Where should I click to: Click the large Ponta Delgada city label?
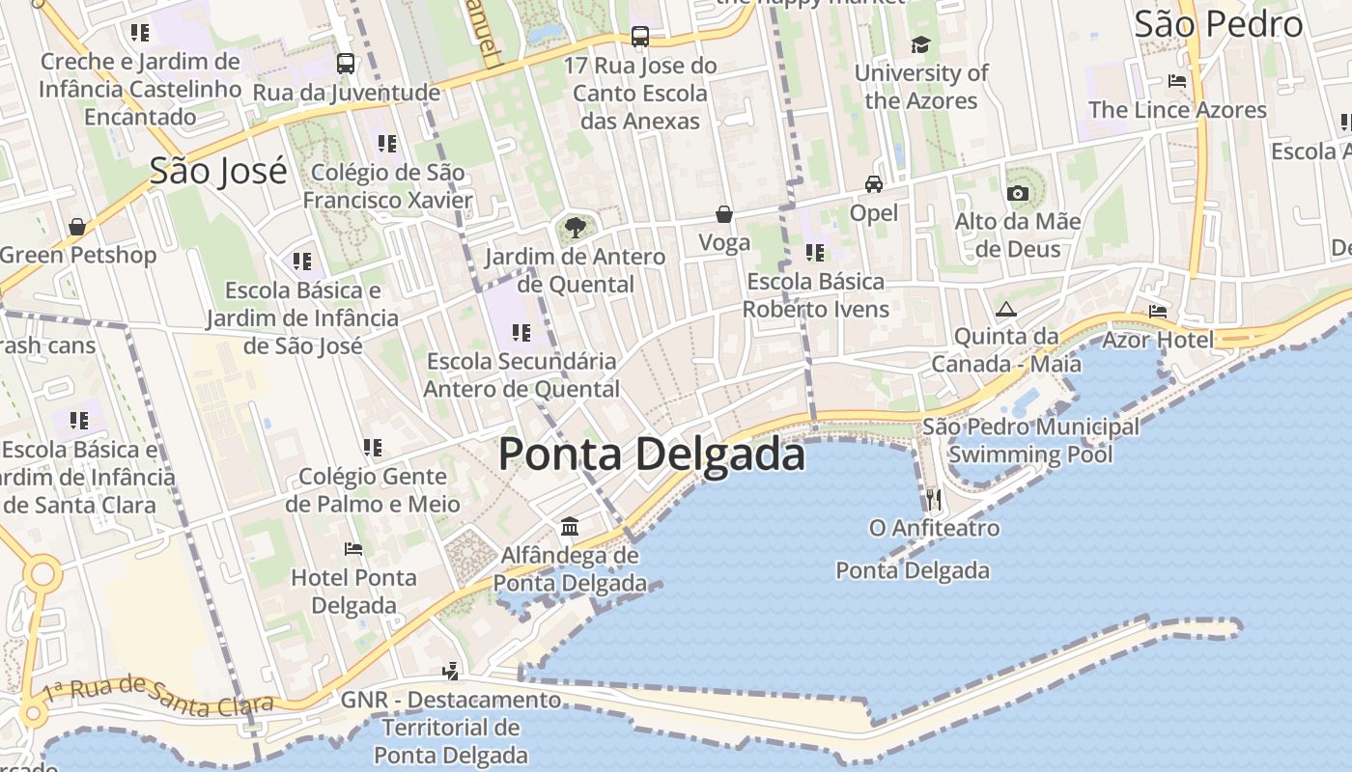[652, 455]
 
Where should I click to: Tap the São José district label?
[218, 171]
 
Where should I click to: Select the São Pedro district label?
[1219, 24]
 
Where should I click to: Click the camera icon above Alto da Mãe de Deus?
[1017, 193]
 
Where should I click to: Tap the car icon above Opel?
[874, 184]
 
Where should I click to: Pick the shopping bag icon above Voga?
[724, 214]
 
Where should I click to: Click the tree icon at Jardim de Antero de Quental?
[575, 229]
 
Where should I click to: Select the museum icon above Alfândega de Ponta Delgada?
[570, 527]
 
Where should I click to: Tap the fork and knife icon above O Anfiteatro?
[933, 500]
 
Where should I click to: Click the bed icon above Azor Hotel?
[1158, 312]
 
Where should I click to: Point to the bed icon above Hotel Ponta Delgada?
[353, 549]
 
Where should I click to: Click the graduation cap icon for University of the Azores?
[920, 44]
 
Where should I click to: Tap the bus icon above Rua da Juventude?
[346, 64]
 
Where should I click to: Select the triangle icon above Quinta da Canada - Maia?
[1006, 309]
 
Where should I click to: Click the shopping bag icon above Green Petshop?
[77, 227]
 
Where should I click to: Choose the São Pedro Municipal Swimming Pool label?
[1030, 440]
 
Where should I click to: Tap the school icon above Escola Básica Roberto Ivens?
[815, 253]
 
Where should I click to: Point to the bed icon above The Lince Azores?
[1177, 81]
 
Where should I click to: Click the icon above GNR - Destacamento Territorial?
[450, 671]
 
